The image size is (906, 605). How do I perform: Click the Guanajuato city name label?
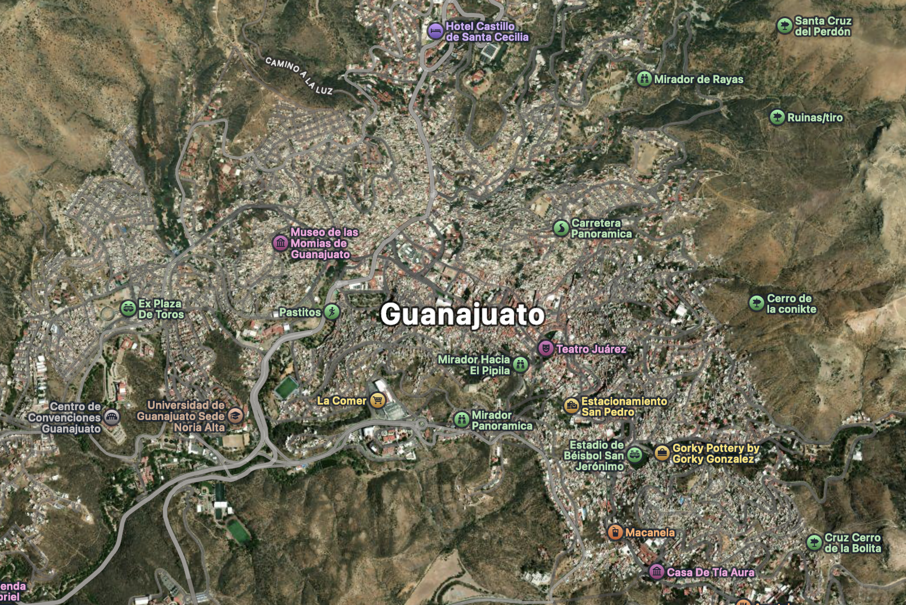tap(462, 314)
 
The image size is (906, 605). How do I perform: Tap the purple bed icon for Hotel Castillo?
tap(435, 31)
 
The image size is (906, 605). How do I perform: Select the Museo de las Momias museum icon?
tap(281, 243)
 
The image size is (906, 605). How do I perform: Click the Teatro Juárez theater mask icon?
tap(545, 349)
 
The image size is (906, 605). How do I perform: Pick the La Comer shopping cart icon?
tap(377, 401)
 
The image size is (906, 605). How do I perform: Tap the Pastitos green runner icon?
tap(332, 312)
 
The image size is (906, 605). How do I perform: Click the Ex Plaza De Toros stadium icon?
tap(128, 309)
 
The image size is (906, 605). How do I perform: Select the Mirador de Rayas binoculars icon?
tap(644, 79)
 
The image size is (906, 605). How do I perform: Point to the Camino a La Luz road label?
tap(299, 75)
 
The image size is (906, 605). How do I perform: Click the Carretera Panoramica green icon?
tap(561, 228)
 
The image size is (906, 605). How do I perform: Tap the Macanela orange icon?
tap(615, 532)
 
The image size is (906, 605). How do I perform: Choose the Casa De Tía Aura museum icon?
tap(656, 572)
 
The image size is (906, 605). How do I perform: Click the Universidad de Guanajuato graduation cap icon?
tap(235, 416)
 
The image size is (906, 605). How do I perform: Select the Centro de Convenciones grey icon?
tap(112, 418)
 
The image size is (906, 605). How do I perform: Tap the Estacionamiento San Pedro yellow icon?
tap(571, 406)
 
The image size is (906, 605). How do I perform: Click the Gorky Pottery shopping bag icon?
tap(662, 453)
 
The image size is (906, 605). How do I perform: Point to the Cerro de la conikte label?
tap(791, 304)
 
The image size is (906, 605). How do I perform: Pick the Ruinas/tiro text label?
tap(815, 118)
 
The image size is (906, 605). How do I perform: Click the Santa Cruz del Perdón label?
tap(823, 26)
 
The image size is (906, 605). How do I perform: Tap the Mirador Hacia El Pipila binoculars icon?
tap(520, 364)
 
